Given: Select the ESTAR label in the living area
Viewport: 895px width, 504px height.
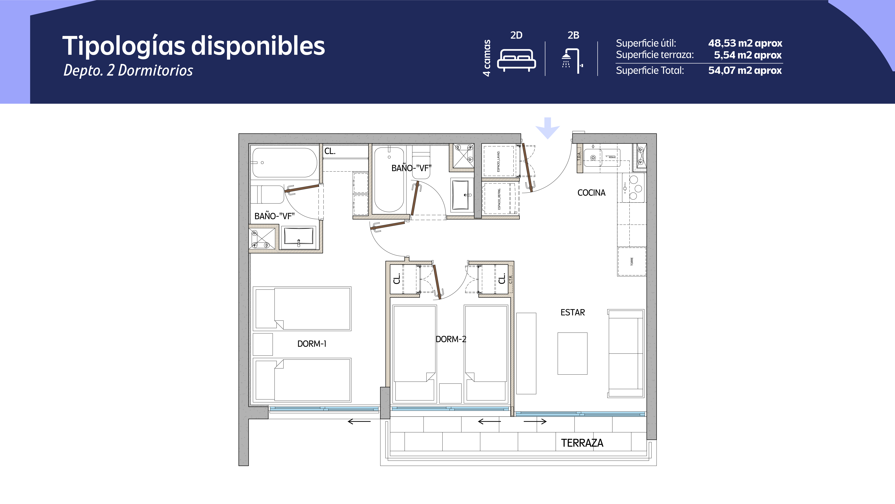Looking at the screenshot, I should coord(573,312).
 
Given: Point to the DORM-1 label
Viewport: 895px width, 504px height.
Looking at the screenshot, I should coord(312,344).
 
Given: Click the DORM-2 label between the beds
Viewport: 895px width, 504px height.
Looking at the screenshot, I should coord(451,339).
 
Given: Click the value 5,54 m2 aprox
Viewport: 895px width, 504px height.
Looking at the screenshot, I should coord(748,55).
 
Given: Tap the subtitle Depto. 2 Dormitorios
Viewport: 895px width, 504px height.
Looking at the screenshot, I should coord(128,70).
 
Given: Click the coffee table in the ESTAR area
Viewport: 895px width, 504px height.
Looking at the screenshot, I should coord(572,353).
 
